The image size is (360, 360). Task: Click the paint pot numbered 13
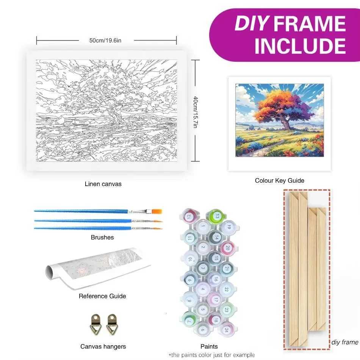click(x=216, y=216)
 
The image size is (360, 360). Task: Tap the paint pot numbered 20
click(x=227, y=248)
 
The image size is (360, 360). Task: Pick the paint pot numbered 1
click(x=203, y=227)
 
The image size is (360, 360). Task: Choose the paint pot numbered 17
click(x=215, y=299)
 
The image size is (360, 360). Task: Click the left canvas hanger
click(x=95, y=324)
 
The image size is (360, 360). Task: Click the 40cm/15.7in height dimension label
click(x=195, y=112)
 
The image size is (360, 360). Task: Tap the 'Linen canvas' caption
click(x=103, y=184)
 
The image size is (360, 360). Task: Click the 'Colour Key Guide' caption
click(x=279, y=180)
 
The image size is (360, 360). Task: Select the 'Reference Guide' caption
click(x=102, y=296)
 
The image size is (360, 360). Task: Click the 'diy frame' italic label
click(x=344, y=342)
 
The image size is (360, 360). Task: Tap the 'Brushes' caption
click(x=102, y=237)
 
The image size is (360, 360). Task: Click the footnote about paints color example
click(x=211, y=355)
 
